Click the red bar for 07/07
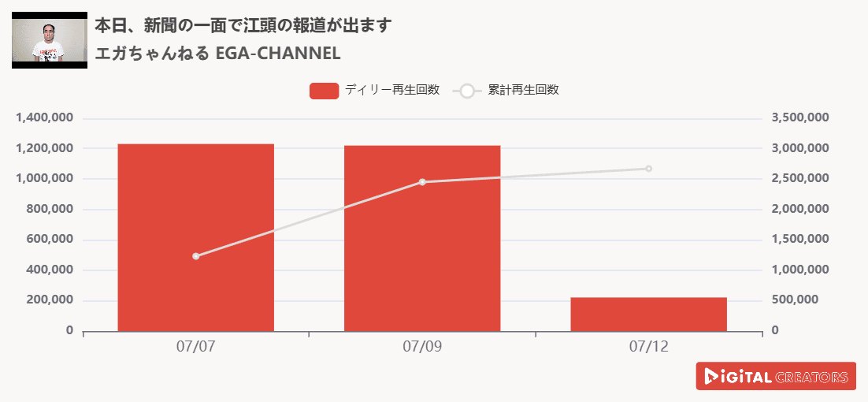pos(195,236)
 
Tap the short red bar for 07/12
pos(648,314)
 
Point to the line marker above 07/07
pos(195,256)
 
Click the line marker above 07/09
pos(422,182)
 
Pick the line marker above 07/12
pos(649,169)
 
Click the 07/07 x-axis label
pos(195,346)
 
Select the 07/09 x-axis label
pos(422,346)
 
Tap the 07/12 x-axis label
pos(649,346)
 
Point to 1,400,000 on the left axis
pos(45,118)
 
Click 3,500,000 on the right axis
pos(799,118)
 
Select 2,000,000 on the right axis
pos(799,209)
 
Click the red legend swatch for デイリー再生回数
pos(324,91)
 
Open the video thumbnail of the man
pos(49,40)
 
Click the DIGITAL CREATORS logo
pos(776,376)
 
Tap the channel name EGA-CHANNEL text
pos(217,54)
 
